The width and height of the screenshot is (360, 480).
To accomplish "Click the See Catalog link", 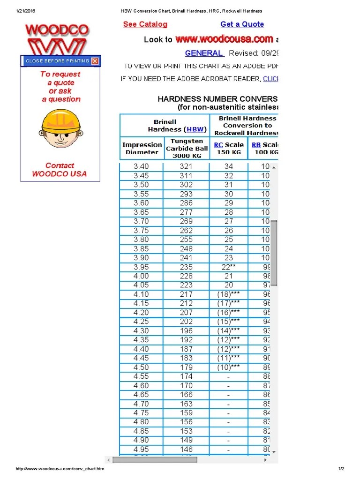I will click(145, 24).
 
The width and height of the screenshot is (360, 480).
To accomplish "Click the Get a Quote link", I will click(242, 24).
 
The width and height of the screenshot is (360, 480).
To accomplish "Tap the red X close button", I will click(95, 61).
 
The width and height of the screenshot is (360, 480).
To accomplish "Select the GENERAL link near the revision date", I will click(204, 53).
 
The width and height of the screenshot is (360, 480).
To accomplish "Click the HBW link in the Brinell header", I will click(195, 129).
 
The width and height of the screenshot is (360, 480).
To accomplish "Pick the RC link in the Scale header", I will click(218, 145).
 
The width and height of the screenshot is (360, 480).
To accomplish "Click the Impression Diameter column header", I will click(142, 148).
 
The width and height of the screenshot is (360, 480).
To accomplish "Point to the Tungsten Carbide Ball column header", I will click(187, 148).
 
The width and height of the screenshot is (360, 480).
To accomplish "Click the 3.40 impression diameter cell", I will click(141, 166).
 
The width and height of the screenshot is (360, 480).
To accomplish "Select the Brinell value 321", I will click(186, 166).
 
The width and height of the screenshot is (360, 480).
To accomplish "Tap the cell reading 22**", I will click(228, 267).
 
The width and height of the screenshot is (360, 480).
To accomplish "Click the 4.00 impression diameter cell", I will click(141, 276).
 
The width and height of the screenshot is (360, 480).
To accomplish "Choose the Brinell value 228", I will click(186, 276).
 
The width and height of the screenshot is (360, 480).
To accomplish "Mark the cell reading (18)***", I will click(228, 294).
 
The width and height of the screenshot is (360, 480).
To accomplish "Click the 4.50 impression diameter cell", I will click(141, 367).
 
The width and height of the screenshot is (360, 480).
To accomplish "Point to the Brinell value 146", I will click(186, 450).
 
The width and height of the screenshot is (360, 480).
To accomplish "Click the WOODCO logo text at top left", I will click(57, 30).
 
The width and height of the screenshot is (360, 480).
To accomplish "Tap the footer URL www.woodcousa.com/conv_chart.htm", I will click(60, 469).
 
